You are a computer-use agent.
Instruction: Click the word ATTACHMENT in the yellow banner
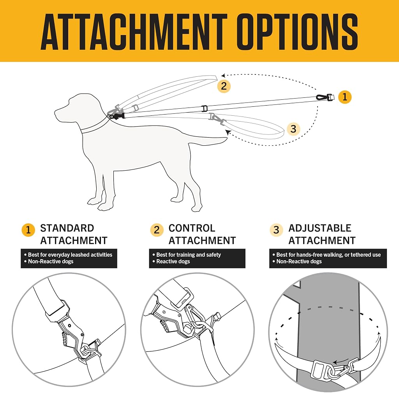point(134,32)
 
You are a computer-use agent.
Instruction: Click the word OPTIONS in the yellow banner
point(297,32)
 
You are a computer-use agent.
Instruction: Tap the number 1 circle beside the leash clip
point(345,97)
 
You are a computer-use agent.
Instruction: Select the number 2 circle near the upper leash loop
point(224,86)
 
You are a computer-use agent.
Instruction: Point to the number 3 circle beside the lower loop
point(293,129)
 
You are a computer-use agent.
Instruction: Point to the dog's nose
point(56,112)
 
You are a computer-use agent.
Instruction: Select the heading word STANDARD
point(67,228)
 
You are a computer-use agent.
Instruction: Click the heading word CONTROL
point(192,228)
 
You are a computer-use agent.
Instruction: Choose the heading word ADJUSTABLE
point(320,228)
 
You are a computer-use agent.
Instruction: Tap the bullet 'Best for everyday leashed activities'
point(70,255)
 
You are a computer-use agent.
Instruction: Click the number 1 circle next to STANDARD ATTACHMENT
point(28,230)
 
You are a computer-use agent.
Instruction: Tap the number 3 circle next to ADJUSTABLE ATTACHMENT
point(276,230)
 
